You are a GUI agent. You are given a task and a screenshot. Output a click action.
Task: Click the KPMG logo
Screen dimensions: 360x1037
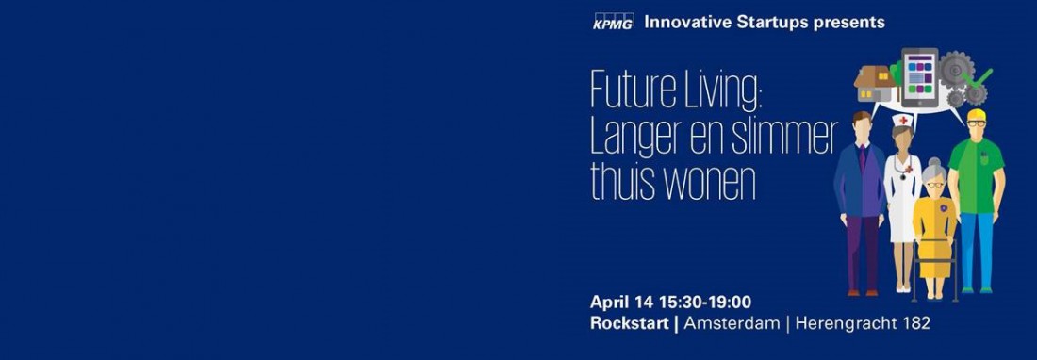pos(613,22)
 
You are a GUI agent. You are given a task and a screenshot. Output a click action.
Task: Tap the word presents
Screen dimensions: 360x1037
pos(851,22)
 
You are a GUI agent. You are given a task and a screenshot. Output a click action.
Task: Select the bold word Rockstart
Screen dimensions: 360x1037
pos(630,323)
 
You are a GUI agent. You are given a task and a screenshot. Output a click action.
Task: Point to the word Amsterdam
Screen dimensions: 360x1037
pos(732,323)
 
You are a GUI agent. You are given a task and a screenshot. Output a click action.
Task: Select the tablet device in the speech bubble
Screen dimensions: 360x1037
pos(918,75)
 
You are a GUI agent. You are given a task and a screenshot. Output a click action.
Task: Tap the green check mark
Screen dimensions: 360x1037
pos(982,75)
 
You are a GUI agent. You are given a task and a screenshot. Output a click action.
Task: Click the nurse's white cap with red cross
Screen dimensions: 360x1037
pos(903,122)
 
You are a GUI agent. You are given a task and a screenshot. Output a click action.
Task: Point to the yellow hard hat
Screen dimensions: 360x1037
pos(976,117)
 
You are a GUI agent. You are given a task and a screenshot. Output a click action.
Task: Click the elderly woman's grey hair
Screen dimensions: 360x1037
pos(934,168)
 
